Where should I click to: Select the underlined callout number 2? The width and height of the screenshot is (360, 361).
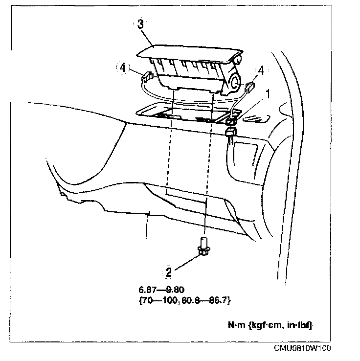[168, 271]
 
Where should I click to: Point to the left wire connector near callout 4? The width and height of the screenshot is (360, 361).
[146, 76]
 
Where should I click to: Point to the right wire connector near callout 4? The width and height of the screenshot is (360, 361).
[250, 88]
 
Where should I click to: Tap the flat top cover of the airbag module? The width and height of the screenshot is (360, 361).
[186, 51]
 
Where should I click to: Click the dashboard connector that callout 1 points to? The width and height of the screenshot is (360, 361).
[232, 117]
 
